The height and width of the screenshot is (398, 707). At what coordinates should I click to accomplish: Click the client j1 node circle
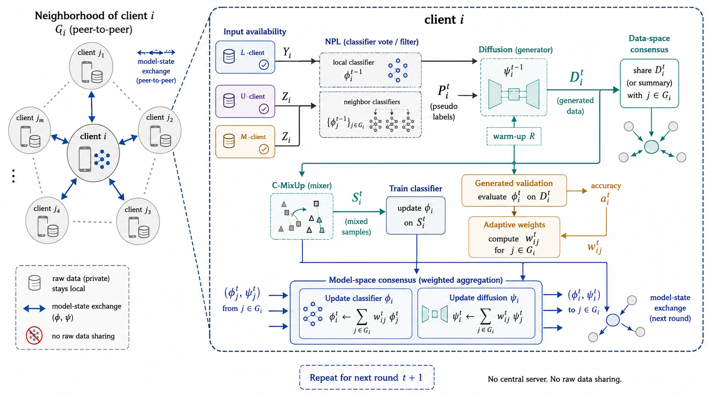[x=91, y=66]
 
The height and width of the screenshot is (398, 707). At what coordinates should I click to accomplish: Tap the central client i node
[x=93, y=152]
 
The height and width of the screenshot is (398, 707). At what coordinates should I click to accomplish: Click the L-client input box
[x=245, y=57]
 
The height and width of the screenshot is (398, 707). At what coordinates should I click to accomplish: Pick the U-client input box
[x=245, y=102]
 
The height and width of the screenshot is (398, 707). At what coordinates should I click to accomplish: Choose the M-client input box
[x=245, y=142]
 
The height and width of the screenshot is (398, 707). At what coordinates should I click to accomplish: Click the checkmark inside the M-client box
[x=263, y=149]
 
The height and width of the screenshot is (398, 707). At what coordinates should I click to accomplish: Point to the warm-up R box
[x=514, y=136]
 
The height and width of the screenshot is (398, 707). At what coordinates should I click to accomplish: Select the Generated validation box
[x=514, y=191]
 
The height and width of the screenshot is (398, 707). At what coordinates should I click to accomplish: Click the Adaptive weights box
[x=514, y=237]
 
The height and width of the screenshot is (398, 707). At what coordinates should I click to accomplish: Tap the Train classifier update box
[x=416, y=216]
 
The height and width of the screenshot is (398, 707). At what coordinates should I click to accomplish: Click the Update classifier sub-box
[x=356, y=313]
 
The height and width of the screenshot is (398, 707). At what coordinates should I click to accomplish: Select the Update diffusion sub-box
[x=476, y=313]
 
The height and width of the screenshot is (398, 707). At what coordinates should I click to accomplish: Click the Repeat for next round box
[x=367, y=377]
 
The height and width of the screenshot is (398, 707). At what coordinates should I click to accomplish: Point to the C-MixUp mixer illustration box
[x=302, y=217]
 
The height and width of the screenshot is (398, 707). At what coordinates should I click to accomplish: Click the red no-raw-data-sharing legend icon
[x=34, y=335]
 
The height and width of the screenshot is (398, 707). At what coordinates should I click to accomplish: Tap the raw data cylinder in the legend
[x=34, y=283]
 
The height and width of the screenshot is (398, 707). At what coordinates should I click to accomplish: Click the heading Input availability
[x=255, y=32]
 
